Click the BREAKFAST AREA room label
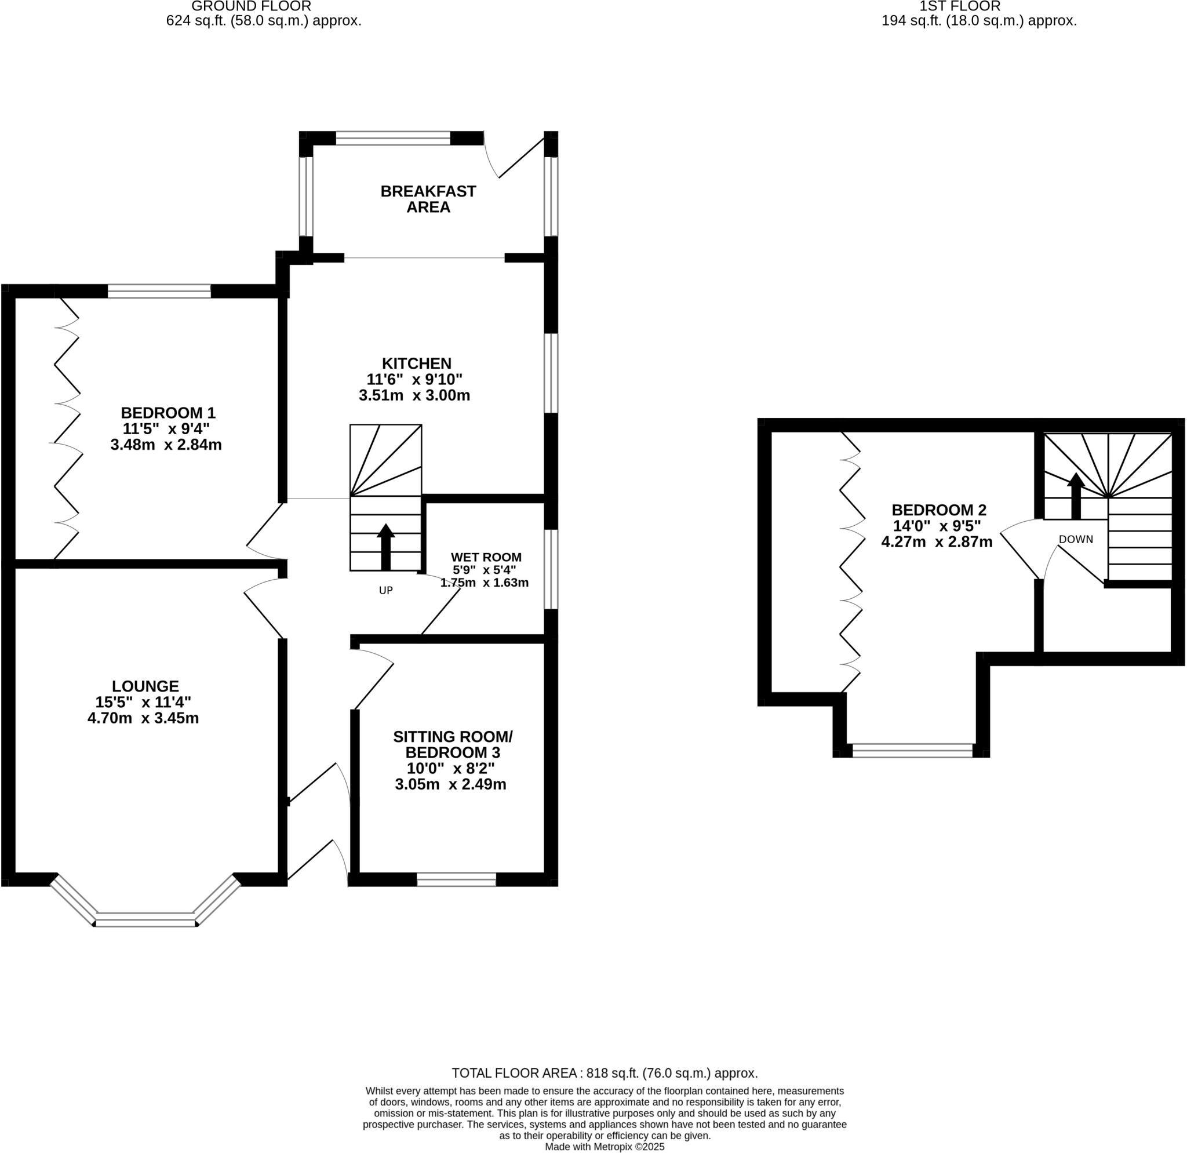click(428, 199)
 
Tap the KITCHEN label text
click(417, 363)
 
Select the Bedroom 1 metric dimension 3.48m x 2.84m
click(166, 445)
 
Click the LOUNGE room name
click(145, 686)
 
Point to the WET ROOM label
click(486, 557)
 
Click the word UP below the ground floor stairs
click(386, 591)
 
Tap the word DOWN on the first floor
click(1076, 539)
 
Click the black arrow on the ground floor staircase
click(386, 546)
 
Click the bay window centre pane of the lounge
click(145, 920)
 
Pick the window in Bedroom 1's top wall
click(159, 291)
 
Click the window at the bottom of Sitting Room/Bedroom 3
click(456, 879)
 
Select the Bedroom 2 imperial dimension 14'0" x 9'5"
click(937, 526)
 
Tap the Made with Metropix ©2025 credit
click(605, 1147)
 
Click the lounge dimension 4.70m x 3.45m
click(143, 719)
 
